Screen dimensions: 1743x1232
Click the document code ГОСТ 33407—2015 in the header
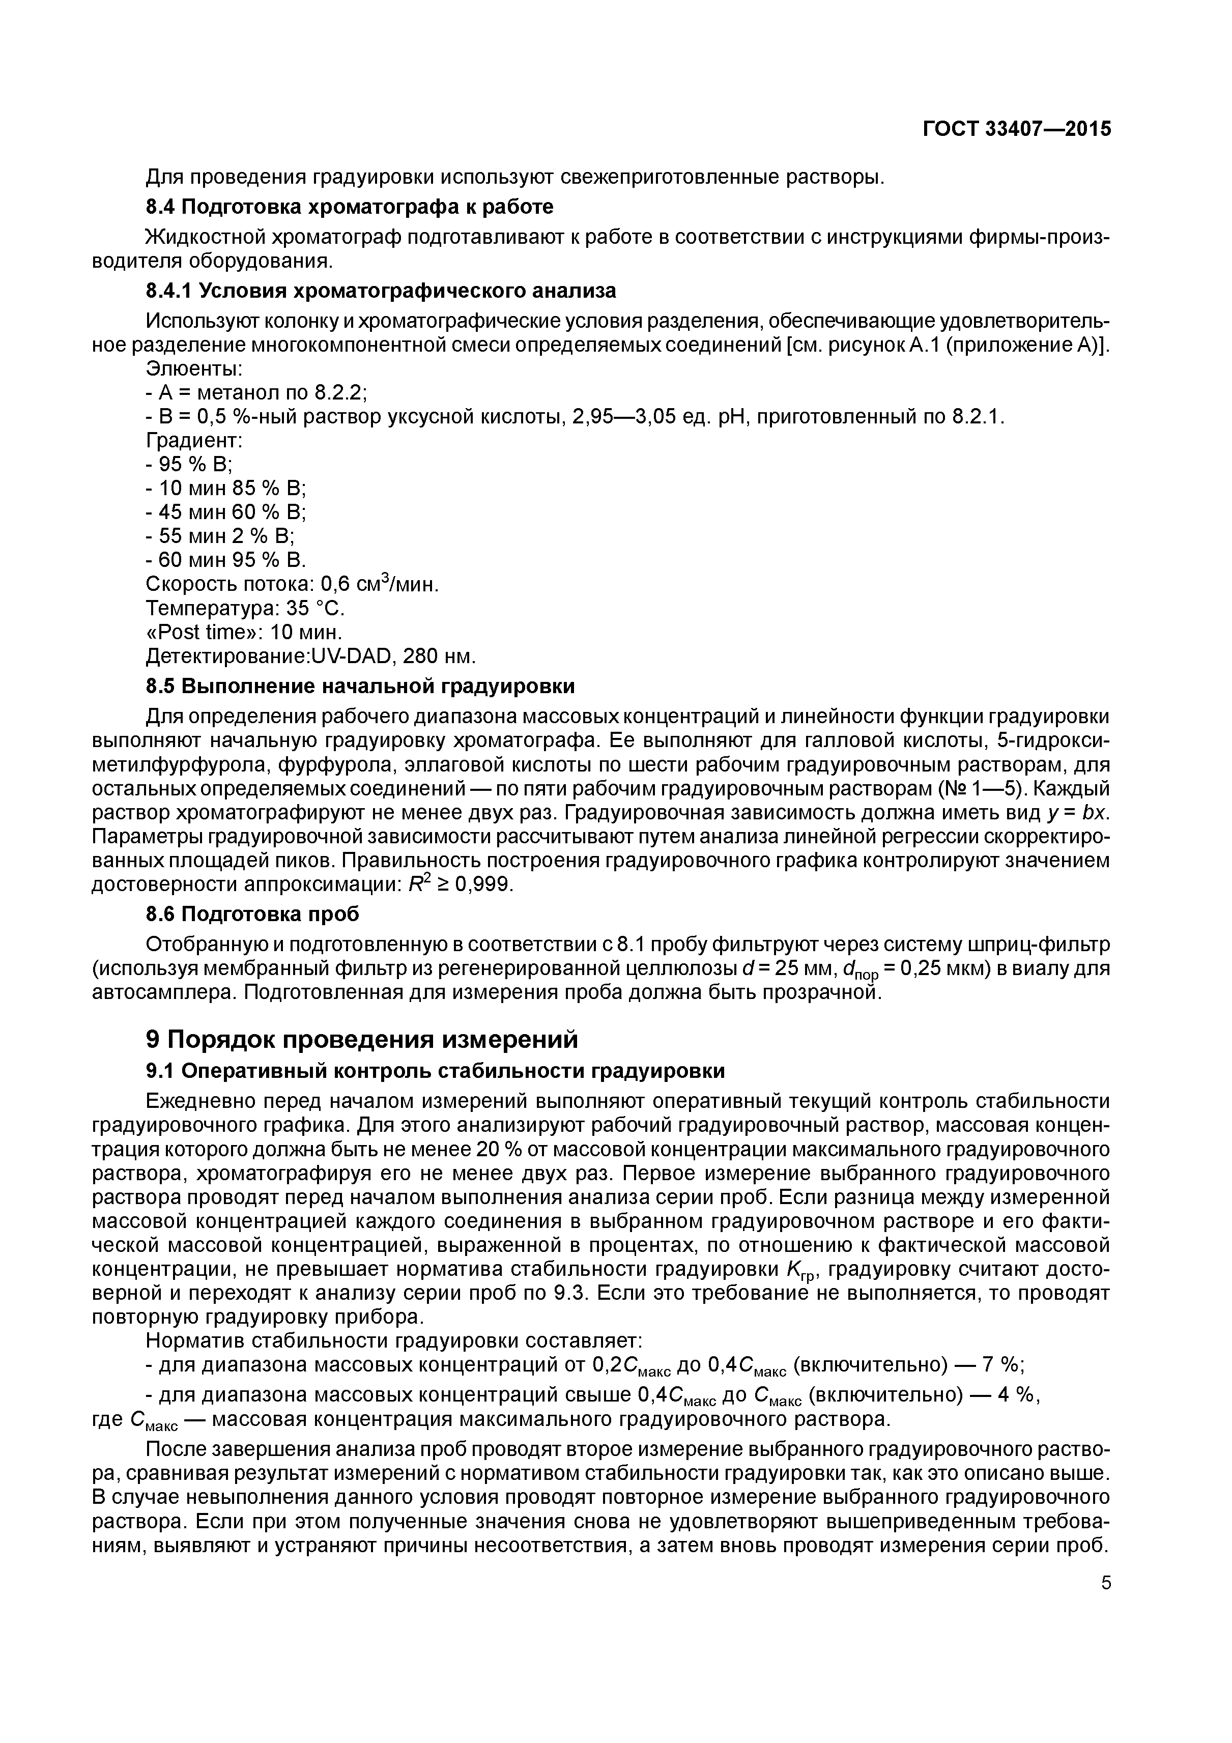point(1016,129)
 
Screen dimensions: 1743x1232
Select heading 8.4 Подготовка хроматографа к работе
point(349,207)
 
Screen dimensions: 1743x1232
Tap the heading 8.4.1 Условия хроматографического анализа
point(380,291)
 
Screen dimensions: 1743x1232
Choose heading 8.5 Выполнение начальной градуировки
point(360,687)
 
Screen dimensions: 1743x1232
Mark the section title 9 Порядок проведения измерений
point(361,1039)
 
